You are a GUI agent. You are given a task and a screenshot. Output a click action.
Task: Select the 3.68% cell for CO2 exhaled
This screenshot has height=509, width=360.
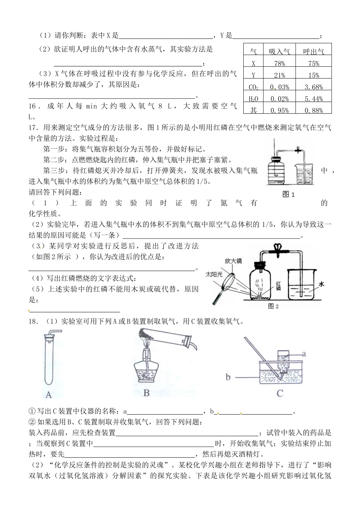click(x=314, y=87)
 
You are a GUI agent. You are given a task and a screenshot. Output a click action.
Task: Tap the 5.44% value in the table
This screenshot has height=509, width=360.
click(x=314, y=99)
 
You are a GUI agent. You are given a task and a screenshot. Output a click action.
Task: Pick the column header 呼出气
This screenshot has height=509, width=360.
click(x=314, y=52)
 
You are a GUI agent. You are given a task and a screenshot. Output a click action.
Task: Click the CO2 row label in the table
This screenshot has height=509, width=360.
click(x=253, y=87)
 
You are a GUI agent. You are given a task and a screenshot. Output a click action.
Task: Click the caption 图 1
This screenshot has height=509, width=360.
click(x=289, y=194)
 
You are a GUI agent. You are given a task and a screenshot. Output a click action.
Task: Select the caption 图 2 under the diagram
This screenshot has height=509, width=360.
click(x=273, y=306)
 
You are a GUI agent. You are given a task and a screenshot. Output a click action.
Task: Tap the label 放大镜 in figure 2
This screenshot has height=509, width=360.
click(x=233, y=261)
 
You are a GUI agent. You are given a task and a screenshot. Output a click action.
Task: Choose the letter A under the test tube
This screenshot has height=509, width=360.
click(x=49, y=395)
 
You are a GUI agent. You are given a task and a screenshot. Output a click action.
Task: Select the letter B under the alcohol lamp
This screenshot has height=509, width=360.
click(x=147, y=393)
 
